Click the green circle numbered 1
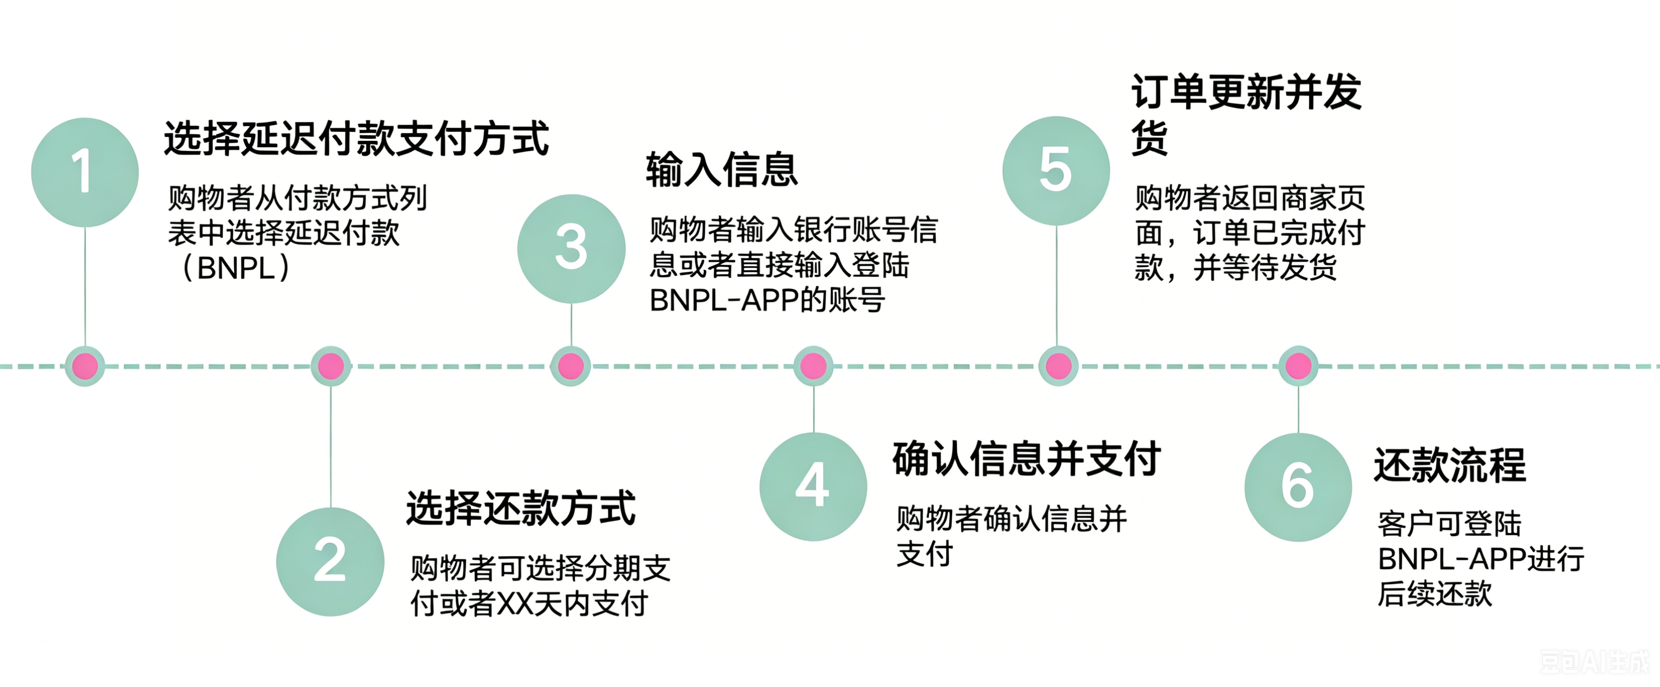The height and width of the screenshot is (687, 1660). [x=85, y=172]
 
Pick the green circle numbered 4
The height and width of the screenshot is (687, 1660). [x=813, y=487]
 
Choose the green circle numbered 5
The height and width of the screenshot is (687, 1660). [x=1056, y=171]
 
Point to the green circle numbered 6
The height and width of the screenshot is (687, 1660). [x=1298, y=487]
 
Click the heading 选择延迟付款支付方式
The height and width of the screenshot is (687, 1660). [x=356, y=139]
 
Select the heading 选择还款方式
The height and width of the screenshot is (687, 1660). [x=521, y=508]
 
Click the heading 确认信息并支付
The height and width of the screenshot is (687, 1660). [x=1027, y=459]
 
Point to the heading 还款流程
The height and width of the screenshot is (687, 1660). [x=1450, y=465]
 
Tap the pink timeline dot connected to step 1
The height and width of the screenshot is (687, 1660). [x=85, y=366]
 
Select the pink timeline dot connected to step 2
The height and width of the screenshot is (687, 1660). [x=331, y=366]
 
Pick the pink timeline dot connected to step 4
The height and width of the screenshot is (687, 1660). [x=813, y=366]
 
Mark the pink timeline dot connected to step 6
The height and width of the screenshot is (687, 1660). [x=1298, y=366]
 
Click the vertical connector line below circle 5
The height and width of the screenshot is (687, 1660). [x=1057, y=285]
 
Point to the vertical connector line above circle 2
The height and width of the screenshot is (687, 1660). [x=331, y=447]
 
